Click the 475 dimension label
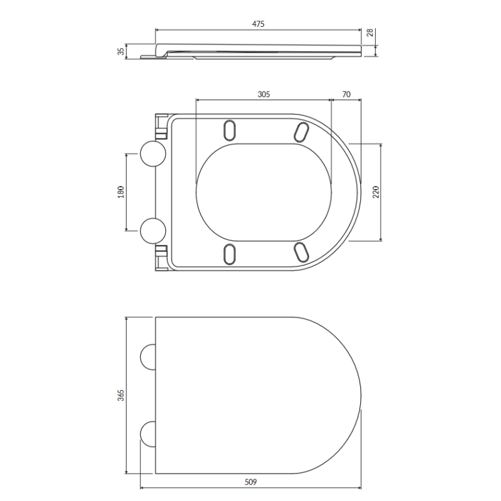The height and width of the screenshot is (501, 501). [258, 24]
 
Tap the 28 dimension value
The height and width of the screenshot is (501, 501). [369, 33]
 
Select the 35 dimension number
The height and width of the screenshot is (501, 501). [121, 51]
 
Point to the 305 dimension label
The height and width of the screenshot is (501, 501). [264, 95]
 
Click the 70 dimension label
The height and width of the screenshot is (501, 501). [346, 95]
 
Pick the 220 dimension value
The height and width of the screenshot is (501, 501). [376, 192]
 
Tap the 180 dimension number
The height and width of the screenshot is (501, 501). [121, 192]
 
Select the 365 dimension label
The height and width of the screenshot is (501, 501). [121, 395]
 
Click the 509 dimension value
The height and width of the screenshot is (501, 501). [250, 482]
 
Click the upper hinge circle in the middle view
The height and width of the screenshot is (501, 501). [153, 153]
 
